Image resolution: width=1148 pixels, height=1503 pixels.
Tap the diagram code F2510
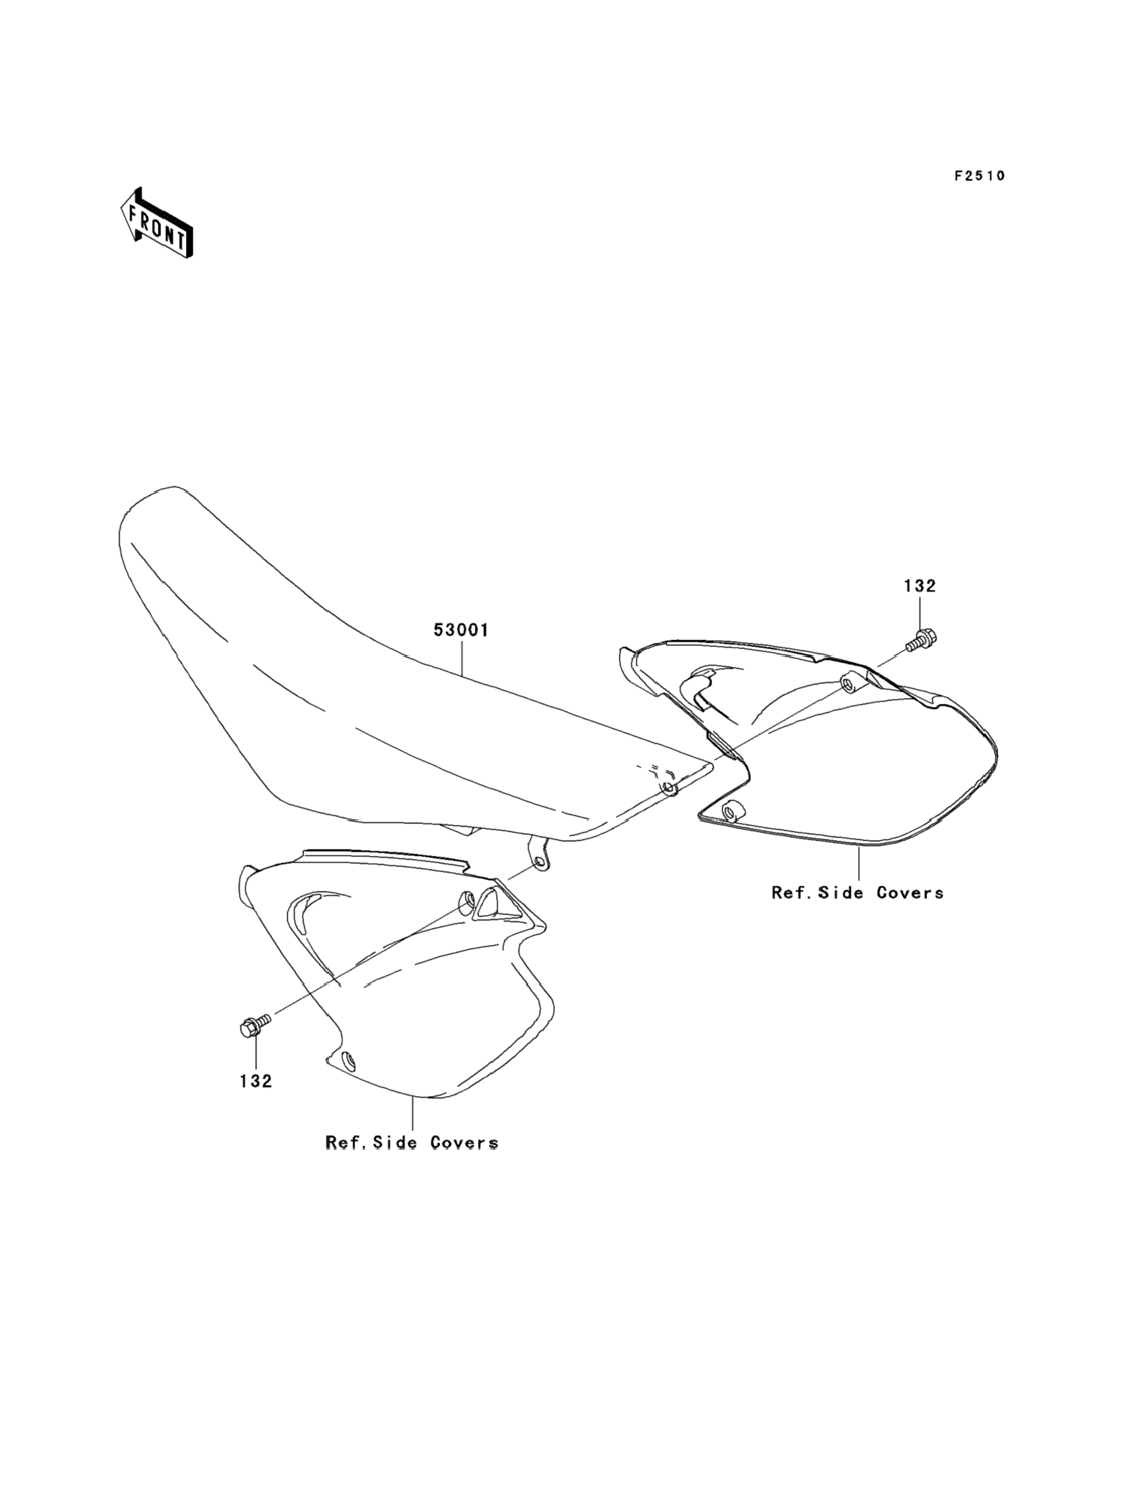pos(979,176)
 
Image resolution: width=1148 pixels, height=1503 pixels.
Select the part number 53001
pos(461,630)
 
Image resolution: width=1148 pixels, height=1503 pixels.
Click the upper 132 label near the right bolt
pos(919,585)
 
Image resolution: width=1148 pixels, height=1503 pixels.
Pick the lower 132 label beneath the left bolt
pos(256,1080)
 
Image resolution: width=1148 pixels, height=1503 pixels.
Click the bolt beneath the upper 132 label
pos(923,640)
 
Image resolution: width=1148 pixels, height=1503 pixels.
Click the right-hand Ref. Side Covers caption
pos(857,892)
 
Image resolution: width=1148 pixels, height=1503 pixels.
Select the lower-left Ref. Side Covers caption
pos(411,1142)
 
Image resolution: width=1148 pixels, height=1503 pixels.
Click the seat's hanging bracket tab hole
pos(540,862)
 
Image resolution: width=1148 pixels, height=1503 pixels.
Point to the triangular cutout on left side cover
pos(492,904)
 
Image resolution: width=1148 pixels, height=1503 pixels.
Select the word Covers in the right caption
pos(909,892)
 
